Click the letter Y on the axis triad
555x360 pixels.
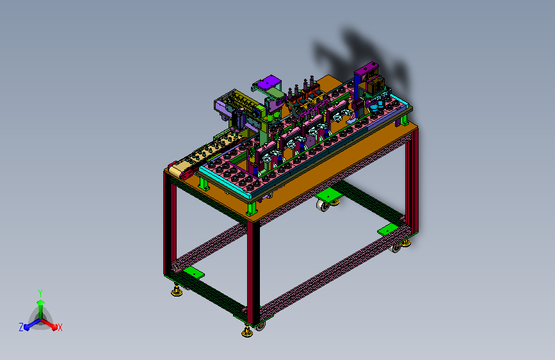click(40, 293)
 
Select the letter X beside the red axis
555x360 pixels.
click(60, 327)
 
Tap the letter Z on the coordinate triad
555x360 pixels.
click(21, 327)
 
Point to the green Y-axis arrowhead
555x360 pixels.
click(41, 302)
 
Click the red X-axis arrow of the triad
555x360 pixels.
click(49, 324)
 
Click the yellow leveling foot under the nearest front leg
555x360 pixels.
click(247, 332)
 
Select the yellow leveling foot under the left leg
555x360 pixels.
click(177, 291)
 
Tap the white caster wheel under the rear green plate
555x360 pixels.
click(323, 206)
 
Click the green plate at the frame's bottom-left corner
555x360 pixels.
click(193, 273)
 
